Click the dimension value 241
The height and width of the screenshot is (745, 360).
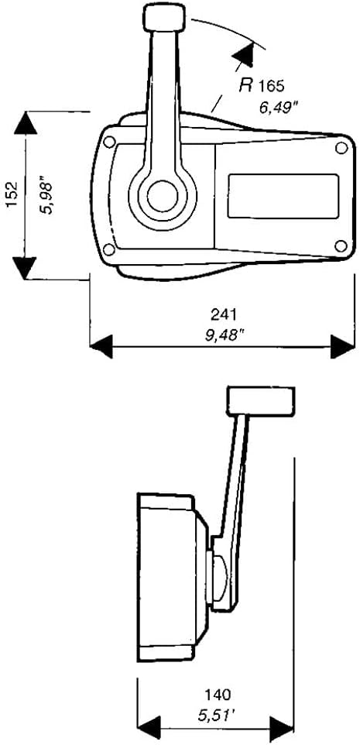pyautogui.click(x=224, y=314)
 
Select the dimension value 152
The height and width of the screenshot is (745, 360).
pyautogui.click(x=12, y=193)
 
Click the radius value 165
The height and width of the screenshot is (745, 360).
pyautogui.click(x=271, y=87)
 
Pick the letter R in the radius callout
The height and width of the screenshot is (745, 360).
pyautogui.click(x=245, y=85)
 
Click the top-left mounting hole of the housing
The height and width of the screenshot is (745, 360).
pyautogui.click(x=109, y=142)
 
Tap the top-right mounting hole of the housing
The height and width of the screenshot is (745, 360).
pyautogui.click(x=341, y=148)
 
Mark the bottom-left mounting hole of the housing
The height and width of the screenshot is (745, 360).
pyautogui.click(x=108, y=249)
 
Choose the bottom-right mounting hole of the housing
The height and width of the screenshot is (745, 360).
pyautogui.click(x=341, y=245)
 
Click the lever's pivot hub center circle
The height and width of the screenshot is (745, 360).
pyautogui.click(x=162, y=196)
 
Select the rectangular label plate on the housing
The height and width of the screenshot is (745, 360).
pyautogui.click(x=283, y=196)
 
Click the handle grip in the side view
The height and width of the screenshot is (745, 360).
pyautogui.click(x=261, y=401)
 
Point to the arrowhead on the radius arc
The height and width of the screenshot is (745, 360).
pyautogui.click(x=245, y=53)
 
